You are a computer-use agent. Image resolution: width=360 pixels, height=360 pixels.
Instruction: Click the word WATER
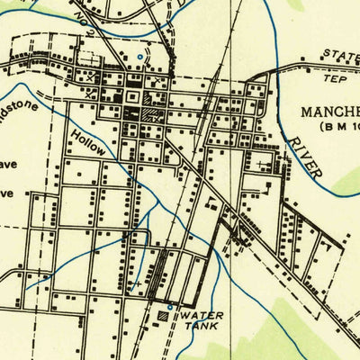click(x=199, y=318)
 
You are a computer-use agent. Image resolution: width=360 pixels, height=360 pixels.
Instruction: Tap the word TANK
click(x=200, y=330)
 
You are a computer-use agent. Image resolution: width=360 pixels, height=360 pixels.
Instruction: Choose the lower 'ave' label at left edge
click(x=7, y=193)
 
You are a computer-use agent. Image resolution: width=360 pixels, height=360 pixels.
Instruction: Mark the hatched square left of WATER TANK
click(x=163, y=317)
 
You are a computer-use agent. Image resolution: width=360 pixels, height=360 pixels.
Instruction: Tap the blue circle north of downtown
click(x=140, y=58)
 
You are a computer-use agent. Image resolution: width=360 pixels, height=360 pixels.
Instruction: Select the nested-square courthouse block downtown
click(x=131, y=95)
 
